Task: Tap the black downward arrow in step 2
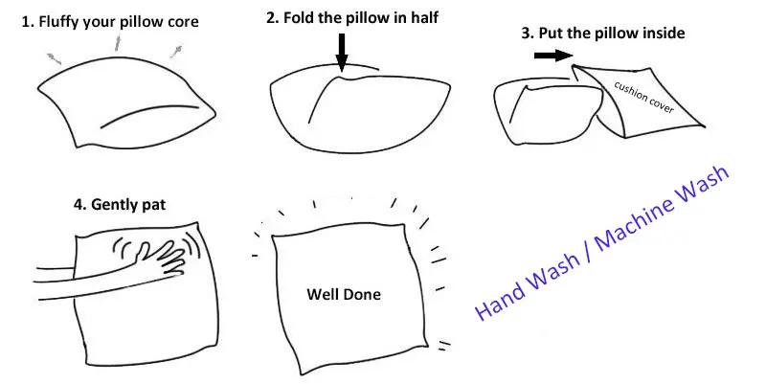(342, 52)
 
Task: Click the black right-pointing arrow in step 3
(553, 56)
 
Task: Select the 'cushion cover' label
(643, 97)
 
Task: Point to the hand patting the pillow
(156, 259)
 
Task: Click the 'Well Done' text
(344, 294)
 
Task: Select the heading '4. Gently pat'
(119, 204)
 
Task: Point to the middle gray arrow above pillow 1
(117, 42)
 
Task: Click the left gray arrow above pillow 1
(54, 58)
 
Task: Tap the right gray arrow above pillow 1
(176, 51)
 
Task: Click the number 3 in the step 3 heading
(526, 34)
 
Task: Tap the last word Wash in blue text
(704, 184)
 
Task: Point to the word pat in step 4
(153, 205)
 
